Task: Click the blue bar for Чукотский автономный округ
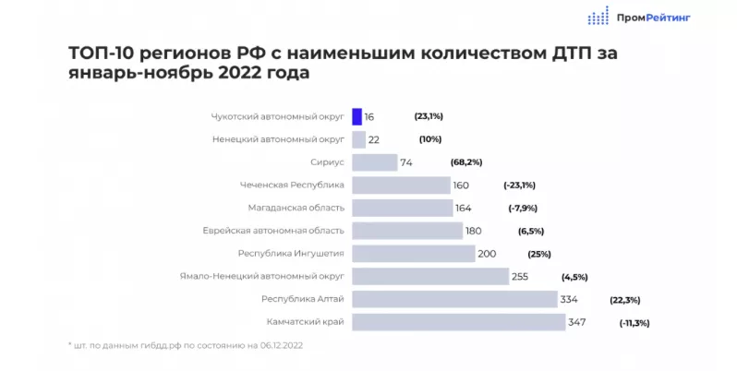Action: click(357, 117)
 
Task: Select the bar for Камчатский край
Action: click(459, 322)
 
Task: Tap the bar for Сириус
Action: click(374, 162)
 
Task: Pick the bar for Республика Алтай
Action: click(454, 299)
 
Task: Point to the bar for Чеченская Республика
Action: click(402, 185)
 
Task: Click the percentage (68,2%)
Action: click(467, 162)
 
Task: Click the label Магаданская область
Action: click(296, 209)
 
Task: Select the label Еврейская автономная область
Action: click(273, 231)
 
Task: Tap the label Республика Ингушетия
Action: click(291, 254)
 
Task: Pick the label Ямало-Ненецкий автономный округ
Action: click(263, 276)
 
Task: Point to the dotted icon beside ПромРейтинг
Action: click(598, 16)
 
